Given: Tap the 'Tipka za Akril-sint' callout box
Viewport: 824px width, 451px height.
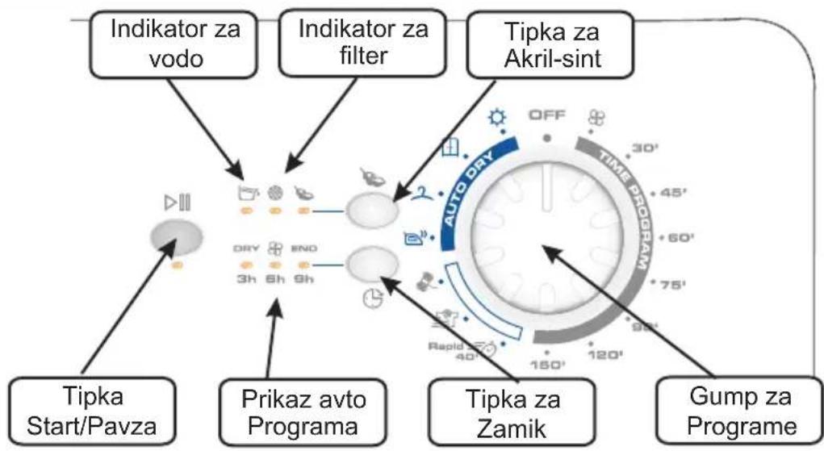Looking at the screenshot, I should (x=547, y=44).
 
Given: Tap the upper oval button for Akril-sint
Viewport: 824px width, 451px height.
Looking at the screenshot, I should (x=372, y=211).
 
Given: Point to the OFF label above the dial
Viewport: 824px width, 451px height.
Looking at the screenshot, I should (x=546, y=116).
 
